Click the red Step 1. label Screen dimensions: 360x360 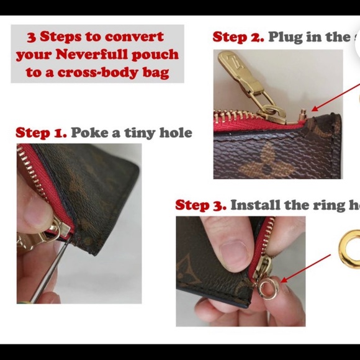click(x=41, y=132)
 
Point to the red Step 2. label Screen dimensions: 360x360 click(x=238, y=37)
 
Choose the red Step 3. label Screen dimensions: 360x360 click(x=200, y=205)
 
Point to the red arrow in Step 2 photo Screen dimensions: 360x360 click(x=335, y=99)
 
